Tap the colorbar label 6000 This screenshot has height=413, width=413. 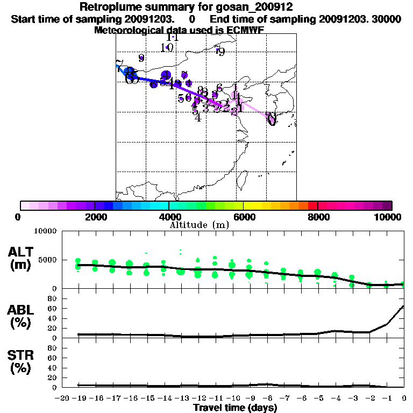tap(243, 217)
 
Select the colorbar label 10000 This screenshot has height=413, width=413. tap(388, 217)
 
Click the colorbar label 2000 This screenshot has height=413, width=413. tap(94, 217)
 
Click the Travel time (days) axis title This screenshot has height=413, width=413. tap(235, 408)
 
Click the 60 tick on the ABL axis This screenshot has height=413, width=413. tap(53, 308)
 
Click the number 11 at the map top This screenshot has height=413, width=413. tap(173, 37)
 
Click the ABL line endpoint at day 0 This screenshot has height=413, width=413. tap(403, 307)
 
